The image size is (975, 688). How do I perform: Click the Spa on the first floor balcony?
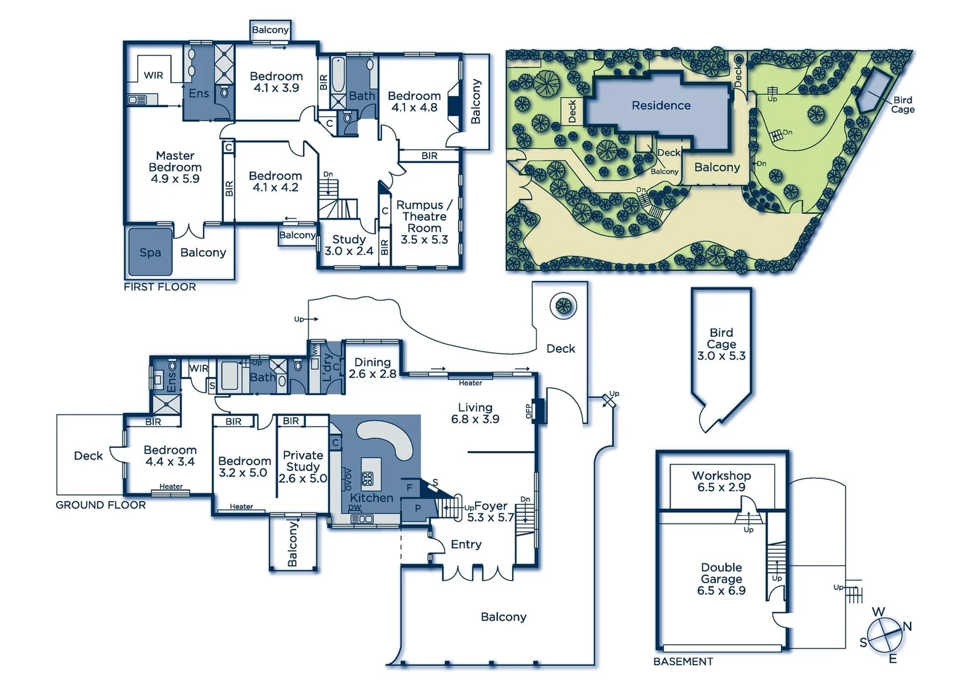(150, 252)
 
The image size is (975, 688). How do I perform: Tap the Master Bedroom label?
(175, 167)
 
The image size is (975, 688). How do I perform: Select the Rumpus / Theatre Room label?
(424, 222)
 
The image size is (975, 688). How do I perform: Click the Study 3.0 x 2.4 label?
(349, 245)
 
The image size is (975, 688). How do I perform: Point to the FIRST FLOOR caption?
(159, 287)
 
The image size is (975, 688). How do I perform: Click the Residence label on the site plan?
(661, 106)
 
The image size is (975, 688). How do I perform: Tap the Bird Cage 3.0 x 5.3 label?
(721, 344)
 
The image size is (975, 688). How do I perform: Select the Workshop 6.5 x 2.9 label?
(721, 481)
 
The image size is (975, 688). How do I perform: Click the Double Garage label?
(721, 578)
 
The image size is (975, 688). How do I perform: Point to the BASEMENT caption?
(683, 661)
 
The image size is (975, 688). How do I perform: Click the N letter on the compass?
(907, 626)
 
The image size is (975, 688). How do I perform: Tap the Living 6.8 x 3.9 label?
(475, 413)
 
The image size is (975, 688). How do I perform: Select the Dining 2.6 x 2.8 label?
(372, 368)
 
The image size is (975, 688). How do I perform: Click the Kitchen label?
(371, 498)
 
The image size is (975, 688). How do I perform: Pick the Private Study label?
(303, 466)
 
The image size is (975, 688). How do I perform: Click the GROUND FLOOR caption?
(101, 505)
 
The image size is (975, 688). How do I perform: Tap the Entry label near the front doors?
(466, 544)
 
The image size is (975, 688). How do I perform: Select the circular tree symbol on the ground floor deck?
(563, 306)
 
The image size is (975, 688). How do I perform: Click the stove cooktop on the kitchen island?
(367, 479)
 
